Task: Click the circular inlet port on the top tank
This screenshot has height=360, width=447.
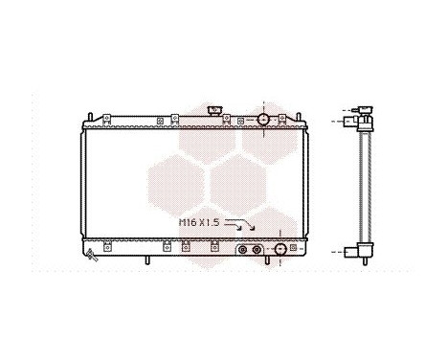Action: tap(263, 119)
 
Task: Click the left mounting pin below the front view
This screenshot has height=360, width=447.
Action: tap(147, 261)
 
